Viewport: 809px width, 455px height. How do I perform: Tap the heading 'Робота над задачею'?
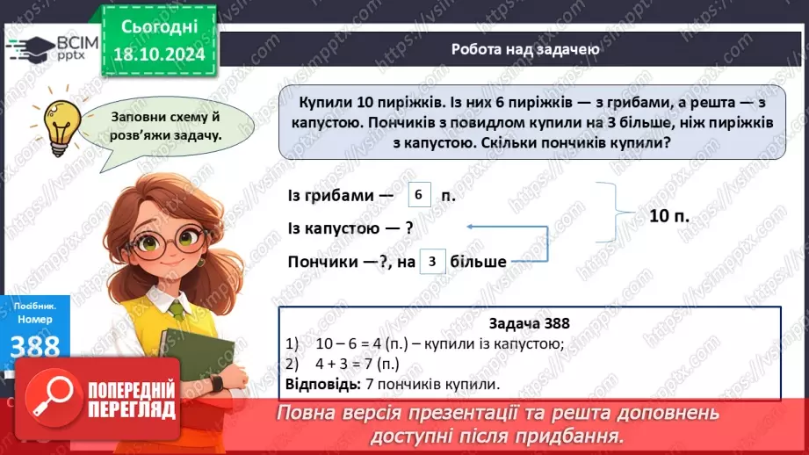526,49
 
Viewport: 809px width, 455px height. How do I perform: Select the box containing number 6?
420,195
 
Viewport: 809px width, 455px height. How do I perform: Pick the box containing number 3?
432,262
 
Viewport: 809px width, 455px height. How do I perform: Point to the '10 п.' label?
669,214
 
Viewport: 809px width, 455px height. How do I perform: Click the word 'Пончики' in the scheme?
322,262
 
